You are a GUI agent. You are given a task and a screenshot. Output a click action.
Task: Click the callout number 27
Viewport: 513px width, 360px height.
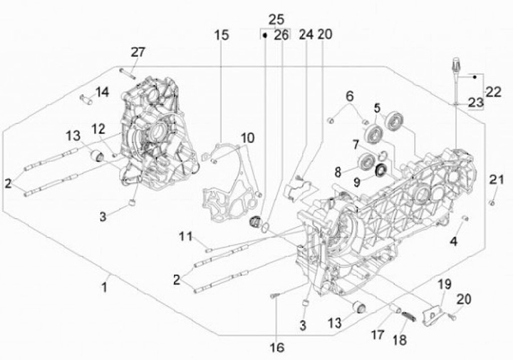pos(138,52)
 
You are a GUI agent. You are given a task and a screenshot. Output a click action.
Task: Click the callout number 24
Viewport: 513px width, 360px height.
pos(306,34)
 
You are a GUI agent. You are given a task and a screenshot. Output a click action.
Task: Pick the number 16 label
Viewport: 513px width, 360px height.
pos(276,347)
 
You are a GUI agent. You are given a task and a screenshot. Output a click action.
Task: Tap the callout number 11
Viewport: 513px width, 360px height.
pos(186,236)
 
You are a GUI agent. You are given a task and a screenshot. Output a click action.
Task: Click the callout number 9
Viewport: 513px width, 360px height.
pos(356,182)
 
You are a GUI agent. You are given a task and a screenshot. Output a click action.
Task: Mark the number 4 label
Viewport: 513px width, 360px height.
pos(452,241)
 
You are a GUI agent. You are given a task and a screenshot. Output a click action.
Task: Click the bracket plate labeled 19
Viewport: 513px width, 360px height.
pos(431,313)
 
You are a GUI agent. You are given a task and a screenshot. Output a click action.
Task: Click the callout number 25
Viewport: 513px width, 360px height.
pos(276,17)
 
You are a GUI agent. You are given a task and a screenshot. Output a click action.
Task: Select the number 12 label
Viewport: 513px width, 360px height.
pos(98,128)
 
